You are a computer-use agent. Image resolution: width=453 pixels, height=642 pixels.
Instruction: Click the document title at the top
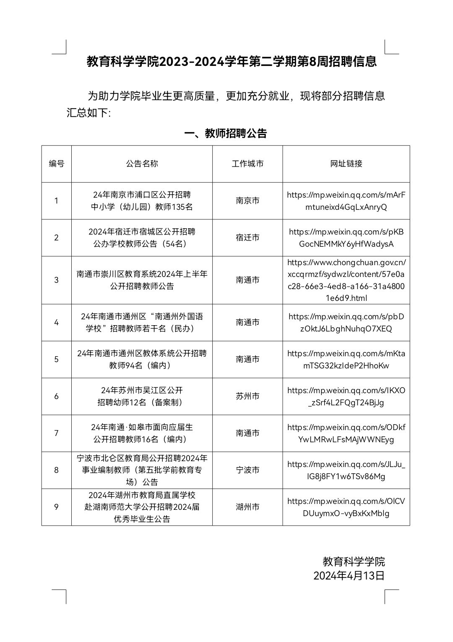[x=232, y=62]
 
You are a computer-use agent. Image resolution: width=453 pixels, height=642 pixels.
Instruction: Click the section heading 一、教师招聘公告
[x=226, y=133]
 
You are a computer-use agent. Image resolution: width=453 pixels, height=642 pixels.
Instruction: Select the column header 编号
[x=57, y=164]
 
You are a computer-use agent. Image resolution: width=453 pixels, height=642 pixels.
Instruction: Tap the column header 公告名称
[x=142, y=164]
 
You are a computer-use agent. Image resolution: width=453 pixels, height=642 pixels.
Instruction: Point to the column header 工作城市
[x=247, y=164]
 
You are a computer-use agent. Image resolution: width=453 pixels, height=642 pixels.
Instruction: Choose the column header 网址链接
[x=346, y=164]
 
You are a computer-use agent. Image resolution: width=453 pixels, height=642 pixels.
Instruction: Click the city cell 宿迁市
[x=247, y=237]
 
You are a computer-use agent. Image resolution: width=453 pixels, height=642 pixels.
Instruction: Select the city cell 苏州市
[x=247, y=396]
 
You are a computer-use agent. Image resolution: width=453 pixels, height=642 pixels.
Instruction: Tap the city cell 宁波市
[x=247, y=470]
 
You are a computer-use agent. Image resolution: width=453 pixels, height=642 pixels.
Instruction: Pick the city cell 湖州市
[x=247, y=507]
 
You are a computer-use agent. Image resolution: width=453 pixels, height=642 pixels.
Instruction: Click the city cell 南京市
[x=247, y=201]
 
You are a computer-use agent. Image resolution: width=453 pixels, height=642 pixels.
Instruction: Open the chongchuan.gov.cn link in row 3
[x=346, y=280]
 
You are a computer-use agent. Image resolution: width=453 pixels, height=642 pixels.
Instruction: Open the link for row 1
[x=346, y=201]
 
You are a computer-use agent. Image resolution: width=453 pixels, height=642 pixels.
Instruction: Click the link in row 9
[x=346, y=507]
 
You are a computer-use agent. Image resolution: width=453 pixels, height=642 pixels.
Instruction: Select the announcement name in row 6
[x=142, y=396]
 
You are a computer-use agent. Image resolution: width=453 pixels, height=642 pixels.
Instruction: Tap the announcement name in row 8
[x=142, y=470]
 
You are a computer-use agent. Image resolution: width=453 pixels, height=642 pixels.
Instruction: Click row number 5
[x=57, y=359]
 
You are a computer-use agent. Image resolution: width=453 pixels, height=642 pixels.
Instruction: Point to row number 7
[x=57, y=433]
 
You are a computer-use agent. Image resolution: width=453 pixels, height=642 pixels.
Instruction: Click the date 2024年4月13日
[x=349, y=575]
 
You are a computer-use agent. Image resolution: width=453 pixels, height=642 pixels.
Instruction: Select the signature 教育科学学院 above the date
[x=354, y=561]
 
